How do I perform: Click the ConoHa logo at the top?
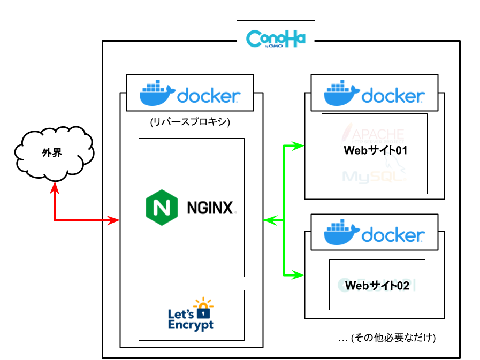[276, 39]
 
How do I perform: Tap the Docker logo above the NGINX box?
[189, 93]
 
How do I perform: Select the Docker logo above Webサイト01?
[374, 93]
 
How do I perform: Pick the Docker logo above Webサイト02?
[374, 232]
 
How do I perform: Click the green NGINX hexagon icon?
[162, 208]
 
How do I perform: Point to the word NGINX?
[210, 208]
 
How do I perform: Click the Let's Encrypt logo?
[191, 315]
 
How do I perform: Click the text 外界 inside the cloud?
[52, 153]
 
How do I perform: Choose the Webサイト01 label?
[376, 150]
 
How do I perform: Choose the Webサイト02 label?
[377, 286]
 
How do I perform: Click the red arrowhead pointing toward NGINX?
[113, 220]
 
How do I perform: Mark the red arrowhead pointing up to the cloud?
[55, 188]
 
